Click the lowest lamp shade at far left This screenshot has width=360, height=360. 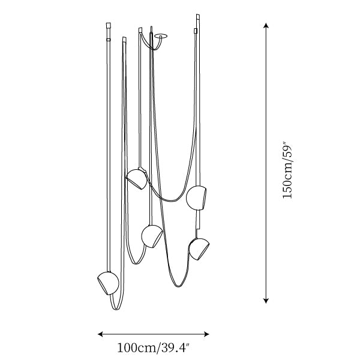point(108,283)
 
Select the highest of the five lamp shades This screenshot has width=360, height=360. point(137,179)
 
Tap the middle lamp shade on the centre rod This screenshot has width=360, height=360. point(152,236)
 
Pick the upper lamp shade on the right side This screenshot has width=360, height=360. point(196,197)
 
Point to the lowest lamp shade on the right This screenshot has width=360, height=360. point(199,249)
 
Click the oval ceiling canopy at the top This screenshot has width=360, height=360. point(161,36)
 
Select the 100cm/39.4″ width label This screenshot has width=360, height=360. point(154,347)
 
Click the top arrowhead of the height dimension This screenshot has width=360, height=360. point(266,25)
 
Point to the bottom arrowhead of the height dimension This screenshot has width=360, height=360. point(266,301)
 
